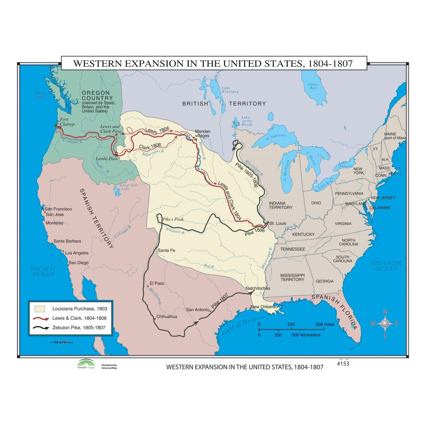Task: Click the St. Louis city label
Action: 278,223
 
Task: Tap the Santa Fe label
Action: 166,250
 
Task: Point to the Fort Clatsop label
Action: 67,122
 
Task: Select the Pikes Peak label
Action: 173,219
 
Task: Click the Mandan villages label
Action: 202,133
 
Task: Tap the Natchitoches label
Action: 258,288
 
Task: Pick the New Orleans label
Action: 263,307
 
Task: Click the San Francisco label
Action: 58,209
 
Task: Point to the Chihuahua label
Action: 167,317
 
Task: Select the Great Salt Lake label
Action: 128,187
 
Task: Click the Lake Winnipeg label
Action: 230,90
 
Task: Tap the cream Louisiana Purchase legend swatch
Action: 40,309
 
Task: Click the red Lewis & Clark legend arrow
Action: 41,319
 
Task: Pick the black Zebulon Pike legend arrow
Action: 41,328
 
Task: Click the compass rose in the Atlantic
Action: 385,324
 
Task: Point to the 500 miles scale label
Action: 325,324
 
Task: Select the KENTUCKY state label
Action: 303,234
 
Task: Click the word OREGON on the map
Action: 95,93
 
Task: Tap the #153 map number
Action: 343,364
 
